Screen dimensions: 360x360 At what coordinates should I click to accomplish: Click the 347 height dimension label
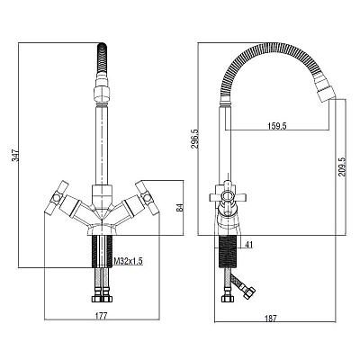point(15,156)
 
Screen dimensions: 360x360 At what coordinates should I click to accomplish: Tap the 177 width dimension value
point(101,316)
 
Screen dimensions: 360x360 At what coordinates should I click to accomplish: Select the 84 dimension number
point(180,208)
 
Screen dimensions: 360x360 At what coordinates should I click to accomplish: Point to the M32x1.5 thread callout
point(128,261)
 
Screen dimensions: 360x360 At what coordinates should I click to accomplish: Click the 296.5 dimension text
point(194,138)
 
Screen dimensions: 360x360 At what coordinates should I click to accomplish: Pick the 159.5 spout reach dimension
point(277,126)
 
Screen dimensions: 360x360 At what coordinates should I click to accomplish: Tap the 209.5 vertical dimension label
point(342,167)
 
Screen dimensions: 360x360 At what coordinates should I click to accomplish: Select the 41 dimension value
point(248,245)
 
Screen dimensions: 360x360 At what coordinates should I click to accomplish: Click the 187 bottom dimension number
point(271,319)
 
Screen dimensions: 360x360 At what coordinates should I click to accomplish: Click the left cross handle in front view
point(57,198)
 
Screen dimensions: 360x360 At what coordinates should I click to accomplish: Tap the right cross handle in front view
point(147,198)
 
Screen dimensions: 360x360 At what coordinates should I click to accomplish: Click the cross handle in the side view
point(228,196)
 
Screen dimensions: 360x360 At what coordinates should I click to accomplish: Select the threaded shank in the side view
point(228,251)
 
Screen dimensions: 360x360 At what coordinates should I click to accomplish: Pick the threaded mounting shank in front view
point(102,251)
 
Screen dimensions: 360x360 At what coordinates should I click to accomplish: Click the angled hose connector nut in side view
point(249,292)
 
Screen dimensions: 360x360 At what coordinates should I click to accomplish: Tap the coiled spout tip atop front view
point(102,58)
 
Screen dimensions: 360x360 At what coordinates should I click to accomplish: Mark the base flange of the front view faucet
point(102,229)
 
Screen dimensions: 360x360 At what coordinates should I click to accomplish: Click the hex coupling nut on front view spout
point(102,94)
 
